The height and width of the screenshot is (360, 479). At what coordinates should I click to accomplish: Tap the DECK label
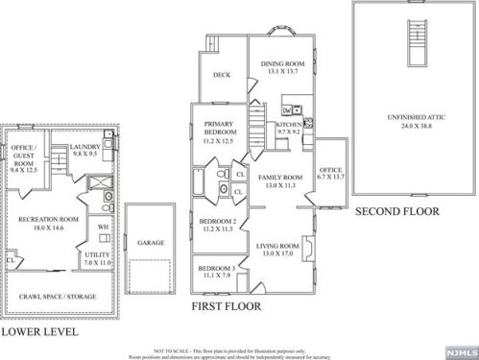[x=222, y=74]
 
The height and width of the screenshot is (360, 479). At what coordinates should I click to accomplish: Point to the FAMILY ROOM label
[x=279, y=181]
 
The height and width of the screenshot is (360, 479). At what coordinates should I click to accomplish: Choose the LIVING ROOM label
[x=278, y=250]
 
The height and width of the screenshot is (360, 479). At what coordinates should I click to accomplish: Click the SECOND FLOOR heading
[x=396, y=211]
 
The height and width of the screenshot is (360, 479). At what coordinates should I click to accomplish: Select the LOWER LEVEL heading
[x=39, y=331]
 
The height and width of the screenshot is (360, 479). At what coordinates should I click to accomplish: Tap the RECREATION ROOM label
[x=47, y=224]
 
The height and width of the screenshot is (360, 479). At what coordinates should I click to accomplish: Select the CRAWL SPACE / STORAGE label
[x=59, y=297]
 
